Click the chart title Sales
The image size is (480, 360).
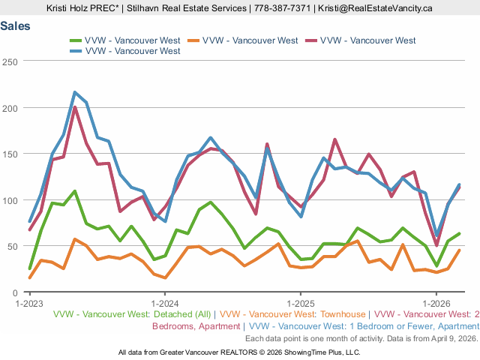[x=16, y=25]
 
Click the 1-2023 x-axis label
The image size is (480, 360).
[x=29, y=304]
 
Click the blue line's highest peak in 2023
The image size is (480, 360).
[x=75, y=92]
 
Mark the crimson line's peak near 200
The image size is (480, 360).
[x=75, y=107]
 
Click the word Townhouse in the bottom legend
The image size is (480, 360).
[x=341, y=315]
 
